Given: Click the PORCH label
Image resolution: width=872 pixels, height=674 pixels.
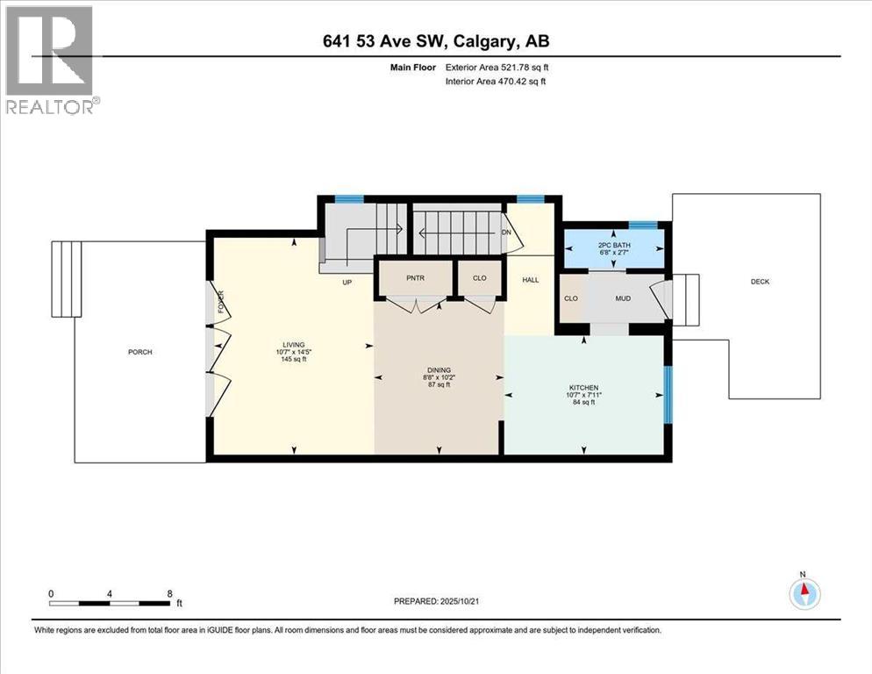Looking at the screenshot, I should pyautogui.click(x=140, y=352).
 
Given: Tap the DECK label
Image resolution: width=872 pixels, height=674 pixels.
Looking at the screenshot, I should pyautogui.click(x=760, y=282).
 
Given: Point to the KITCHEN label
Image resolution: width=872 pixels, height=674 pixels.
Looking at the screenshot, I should pyautogui.click(x=583, y=386).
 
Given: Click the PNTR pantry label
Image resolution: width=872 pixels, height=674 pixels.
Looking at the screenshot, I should pyautogui.click(x=415, y=278).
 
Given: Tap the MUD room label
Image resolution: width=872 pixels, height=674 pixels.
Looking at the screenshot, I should pyautogui.click(x=623, y=298).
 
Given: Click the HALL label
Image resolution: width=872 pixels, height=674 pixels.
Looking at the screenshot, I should pyautogui.click(x=530, y=280).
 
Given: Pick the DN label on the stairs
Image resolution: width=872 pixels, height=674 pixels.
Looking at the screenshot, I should pyautogui.click(x=506, y=233).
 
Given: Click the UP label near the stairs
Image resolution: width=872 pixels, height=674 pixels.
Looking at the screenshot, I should pyautogui.click(x=347, y=282).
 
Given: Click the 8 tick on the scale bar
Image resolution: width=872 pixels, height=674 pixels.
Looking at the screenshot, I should pyautogui.click(x=169, y=593).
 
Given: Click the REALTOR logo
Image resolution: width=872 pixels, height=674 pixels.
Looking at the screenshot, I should pyautogui.click(x=51, y=59).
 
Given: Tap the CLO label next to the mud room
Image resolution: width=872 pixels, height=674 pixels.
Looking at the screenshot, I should pyautogui.click(x=571, y=298).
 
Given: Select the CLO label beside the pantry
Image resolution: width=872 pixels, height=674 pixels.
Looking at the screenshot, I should pyautogui.click(x=479, y=278).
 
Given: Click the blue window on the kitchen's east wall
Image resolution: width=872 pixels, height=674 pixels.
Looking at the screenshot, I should pyautogui.click(x=667, y=391).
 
